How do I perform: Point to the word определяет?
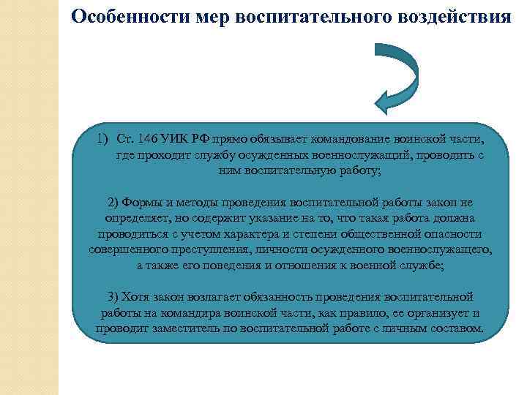(132, 219)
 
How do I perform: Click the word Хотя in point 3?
(134, 298)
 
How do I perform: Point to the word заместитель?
(187, 330)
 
